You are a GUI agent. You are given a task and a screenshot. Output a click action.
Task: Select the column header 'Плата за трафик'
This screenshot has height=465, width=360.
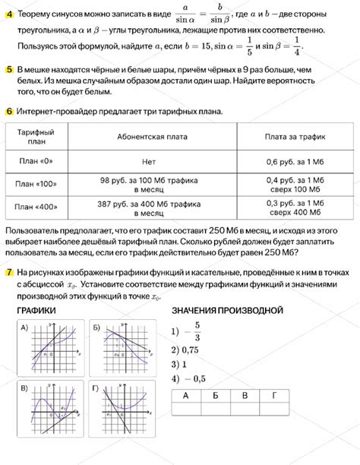(295, 137)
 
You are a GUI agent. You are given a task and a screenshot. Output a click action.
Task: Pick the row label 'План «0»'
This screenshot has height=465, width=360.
(36, 162)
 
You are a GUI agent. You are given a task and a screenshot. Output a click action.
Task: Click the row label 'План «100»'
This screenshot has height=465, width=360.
(36, 184)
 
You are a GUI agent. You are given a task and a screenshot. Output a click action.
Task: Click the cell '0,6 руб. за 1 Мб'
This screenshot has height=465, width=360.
(295, 162)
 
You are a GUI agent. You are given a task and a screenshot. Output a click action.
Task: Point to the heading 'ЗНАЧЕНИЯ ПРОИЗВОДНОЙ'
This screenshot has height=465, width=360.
(227, 311)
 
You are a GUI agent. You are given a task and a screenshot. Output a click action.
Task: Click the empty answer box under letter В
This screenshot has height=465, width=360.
(244, 409)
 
